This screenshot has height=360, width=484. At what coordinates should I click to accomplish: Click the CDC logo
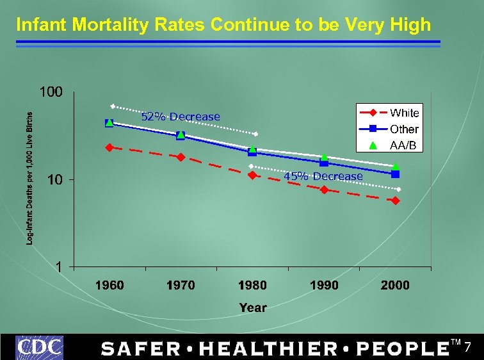pos(40,347)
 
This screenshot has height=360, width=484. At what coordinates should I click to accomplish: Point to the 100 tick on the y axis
pos(51,92)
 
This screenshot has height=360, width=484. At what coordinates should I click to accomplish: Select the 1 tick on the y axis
pos(59,267)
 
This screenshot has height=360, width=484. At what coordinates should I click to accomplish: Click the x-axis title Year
pos(252,308)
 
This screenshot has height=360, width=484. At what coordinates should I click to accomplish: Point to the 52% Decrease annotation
pos(180,117)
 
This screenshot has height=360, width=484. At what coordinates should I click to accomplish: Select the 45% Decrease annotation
pos(323,176)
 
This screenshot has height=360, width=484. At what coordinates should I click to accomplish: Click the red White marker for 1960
pos(109,147)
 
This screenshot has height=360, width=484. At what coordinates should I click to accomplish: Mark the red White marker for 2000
pos(396,200)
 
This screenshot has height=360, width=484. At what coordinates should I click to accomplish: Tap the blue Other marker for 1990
pos(324,163)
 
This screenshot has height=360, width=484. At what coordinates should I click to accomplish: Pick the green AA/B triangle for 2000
pos(396,167)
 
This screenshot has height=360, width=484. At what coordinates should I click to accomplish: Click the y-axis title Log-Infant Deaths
pos(30,178)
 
